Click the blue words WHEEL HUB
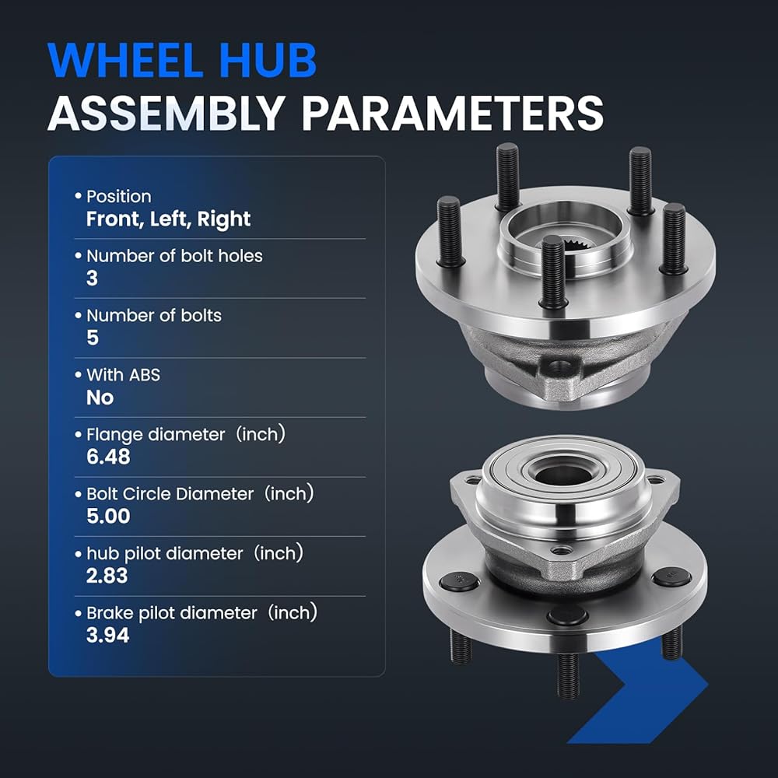click(182, 60)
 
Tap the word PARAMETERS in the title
click(452, 113)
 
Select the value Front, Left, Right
click(168, 219)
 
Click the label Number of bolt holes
click(174, 256)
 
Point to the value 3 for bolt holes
click(93, 279)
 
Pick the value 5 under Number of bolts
click(93, 338)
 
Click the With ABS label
click(123, 375)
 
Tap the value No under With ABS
click(100, 398)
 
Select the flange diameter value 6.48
click(108, 457)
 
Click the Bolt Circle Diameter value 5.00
click(108, 517)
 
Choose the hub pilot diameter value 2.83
click(107, 576)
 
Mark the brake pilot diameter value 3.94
click(107, 636)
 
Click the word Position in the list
click(118, 197)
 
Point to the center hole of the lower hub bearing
click(564, 475)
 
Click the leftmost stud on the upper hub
click(450, 232)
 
